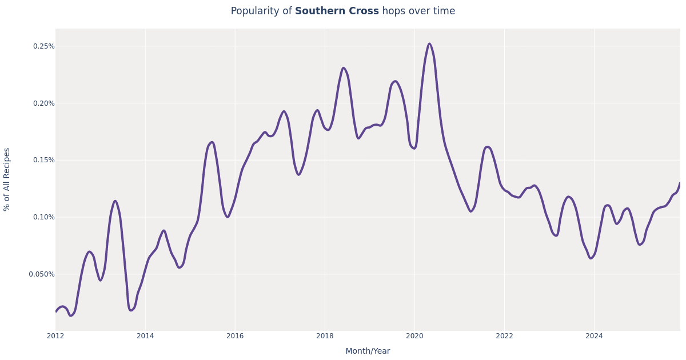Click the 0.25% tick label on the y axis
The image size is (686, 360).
[x=43, y=46]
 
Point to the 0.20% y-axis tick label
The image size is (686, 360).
[x=43, y=103]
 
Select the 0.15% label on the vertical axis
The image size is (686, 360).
[x=43, y=160]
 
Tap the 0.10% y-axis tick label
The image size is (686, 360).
[x=43, y=217]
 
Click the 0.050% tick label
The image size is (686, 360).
[x=42, y=274]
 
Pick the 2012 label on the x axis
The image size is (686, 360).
[x=55, y=336]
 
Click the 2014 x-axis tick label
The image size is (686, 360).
[x=145, y=336]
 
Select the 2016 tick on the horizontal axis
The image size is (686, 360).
[x=235, y=336]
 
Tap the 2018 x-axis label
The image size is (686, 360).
[x=325, y=336]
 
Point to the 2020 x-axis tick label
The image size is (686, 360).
[x=414, y=336]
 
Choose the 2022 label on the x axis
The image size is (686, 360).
[x=504, y=336]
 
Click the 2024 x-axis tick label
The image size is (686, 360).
[x=594, y=336]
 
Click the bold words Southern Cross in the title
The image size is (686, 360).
[x=337, y=11]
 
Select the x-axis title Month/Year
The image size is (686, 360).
[x=368, y=351]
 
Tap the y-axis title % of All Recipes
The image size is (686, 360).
[x=7, y=179]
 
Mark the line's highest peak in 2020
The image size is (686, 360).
[x=429, y=43]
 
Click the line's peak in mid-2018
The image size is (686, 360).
[x=344, y=68]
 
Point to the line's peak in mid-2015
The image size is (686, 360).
[x=212, y=142]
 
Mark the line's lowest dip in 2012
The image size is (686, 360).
[x=71, y=315]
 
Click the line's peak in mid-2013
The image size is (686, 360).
[x=115, y=201]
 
